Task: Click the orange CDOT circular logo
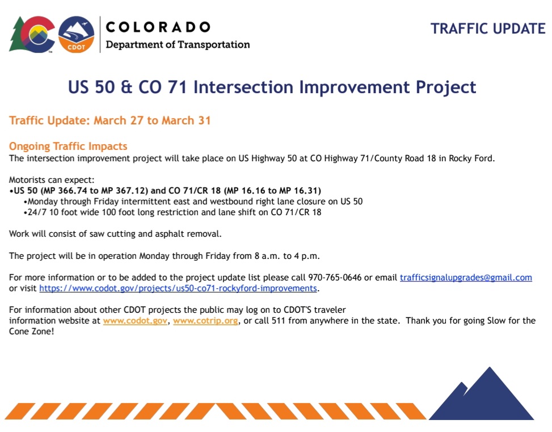pyautogui.click(x=77, y=34)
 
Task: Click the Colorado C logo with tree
pyautogui.click(x=32, y=35)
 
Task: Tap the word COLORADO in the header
pyautogui.click(x=158, y=27)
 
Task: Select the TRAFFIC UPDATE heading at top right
pyautogui.click(x=488, y=28)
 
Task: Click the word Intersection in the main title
pyautogui.click(x=243, y=87)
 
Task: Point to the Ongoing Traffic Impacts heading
pyautogui.click(x=68, y=146)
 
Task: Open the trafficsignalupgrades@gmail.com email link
pyautogui.click(x=466, y=278)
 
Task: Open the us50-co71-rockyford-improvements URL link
pyautogui.click(x=178, y=288)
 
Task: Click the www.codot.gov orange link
pyautogui.click(x=135, y=321)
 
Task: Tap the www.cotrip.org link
pyautogui.click(x=205, y=321)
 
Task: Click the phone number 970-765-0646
pyautogui.click(x=335, y=278)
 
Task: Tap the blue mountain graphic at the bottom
pyautogui.click(x=481, y=393)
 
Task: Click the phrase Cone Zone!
pyautogui.click(x=32, y=332)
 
